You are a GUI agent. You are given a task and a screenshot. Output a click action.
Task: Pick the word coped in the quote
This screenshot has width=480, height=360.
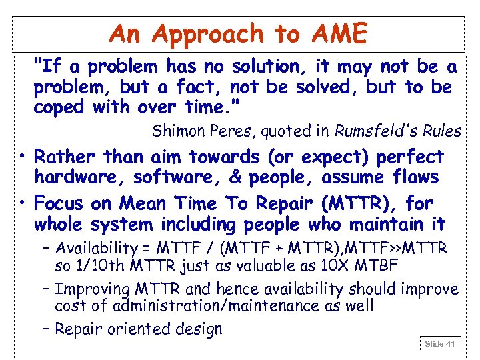tap(57, 107)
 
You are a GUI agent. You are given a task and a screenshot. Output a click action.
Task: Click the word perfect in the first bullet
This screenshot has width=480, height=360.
tap(410, 157)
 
